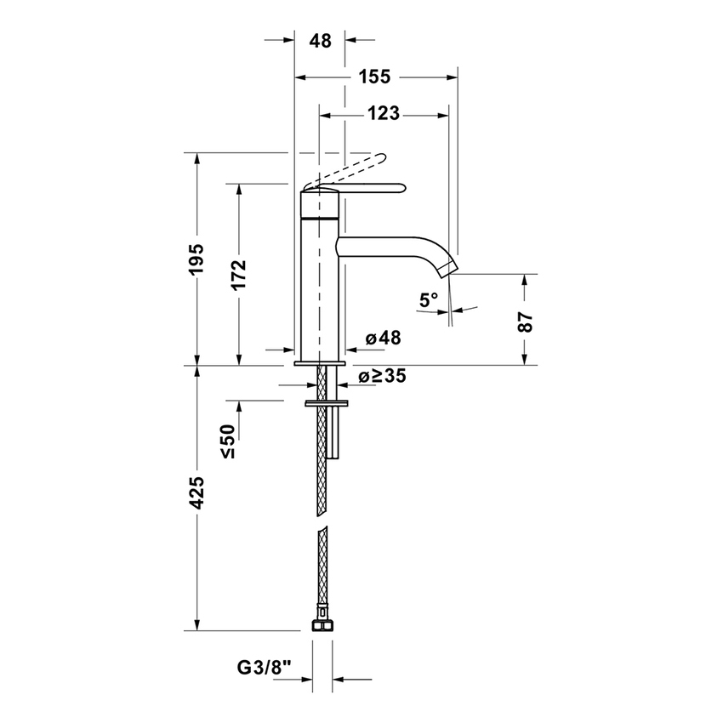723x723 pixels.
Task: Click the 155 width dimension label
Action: point(374,77)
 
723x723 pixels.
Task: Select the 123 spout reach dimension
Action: point(384,113)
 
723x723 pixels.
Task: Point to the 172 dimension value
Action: point(238,274)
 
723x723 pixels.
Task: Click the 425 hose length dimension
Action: point(196,493)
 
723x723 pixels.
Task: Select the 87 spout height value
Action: point(526,321)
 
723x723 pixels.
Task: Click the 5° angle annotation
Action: point(429,299)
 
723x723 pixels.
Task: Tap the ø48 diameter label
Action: point(383,338)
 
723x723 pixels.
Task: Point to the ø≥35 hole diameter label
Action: point(382,376)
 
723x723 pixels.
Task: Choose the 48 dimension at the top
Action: point(320,41)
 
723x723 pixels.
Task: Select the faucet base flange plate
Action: point(319,363)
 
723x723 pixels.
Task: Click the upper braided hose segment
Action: point(321,459)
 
